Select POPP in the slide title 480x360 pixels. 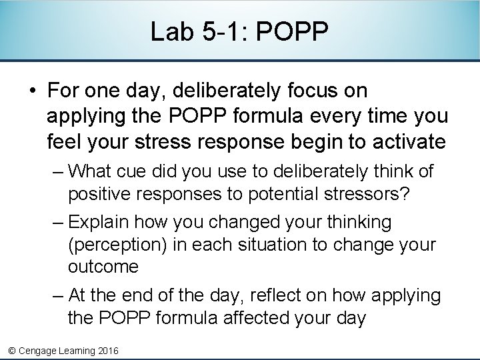click(291, 32)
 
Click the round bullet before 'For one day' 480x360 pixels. click(32, 91)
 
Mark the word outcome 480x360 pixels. click(103, 267)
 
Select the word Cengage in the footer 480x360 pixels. click(40, 350)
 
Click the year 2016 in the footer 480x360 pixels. click(107, 350)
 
